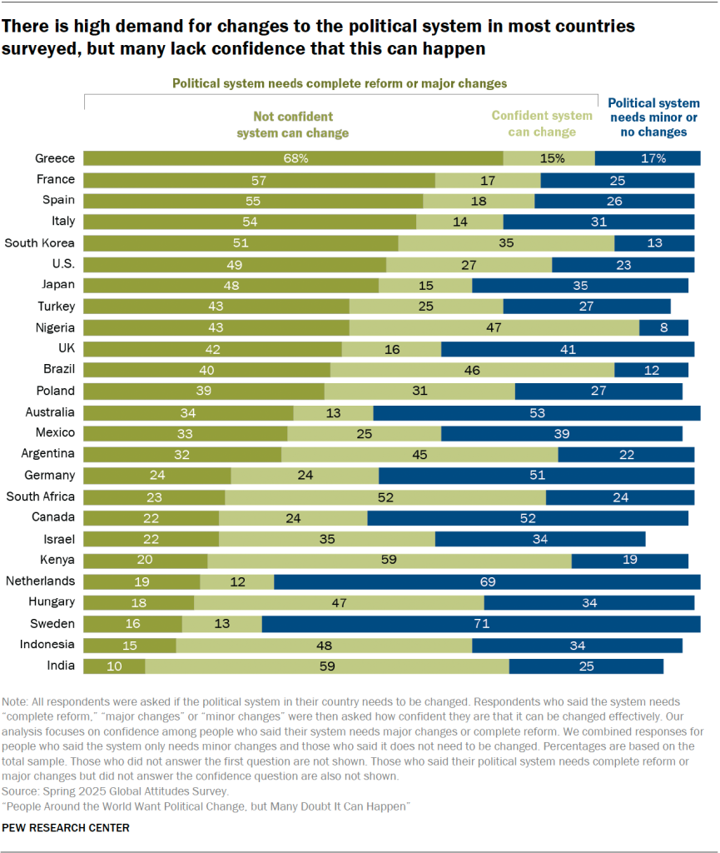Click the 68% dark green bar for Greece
coord(293,158)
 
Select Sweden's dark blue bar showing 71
coord(481,623)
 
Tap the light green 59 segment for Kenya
coord(389,561)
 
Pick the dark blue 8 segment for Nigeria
coord(663,327)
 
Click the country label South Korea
coord(39,242)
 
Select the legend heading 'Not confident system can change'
coord(292,125)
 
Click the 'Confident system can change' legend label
coord(542,124)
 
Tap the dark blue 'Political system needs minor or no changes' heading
coord(653,117)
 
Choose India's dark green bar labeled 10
coord(114,666)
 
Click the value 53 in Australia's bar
coord(537,412)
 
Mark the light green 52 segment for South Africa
coord(385,496)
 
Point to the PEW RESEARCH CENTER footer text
coord(67,828)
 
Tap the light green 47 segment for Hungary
coord(339,602)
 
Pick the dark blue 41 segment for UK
coord(568,349)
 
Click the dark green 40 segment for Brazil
coord(207,370)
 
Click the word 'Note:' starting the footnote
coord(17,702)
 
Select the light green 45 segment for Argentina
coord(420,454)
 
